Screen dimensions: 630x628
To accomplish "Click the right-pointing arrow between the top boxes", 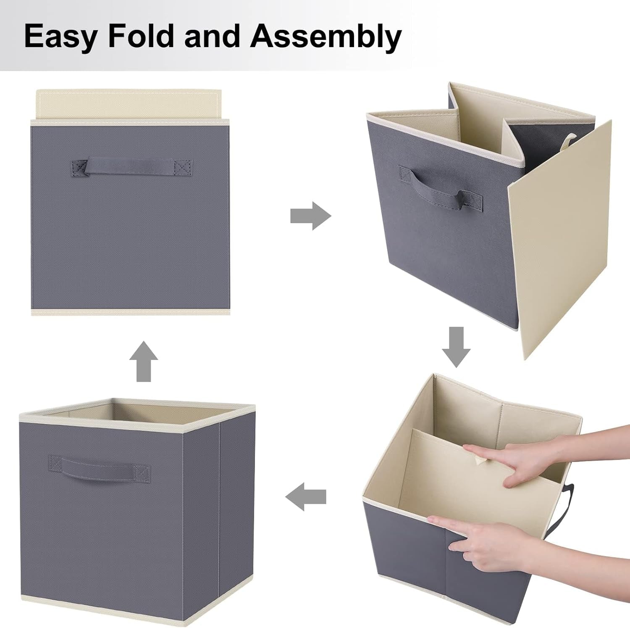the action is click(311, 216).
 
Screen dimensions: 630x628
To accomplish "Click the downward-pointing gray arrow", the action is click(456, 347).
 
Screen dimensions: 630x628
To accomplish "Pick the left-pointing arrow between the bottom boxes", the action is click(306, 496).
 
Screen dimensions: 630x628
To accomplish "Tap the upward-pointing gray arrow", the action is click(144, 361).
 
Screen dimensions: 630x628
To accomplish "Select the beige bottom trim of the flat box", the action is click(131, 311).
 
